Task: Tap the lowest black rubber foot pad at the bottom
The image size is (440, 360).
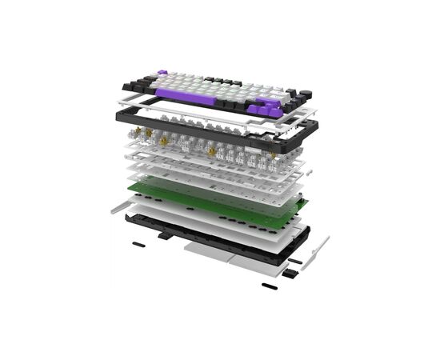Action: (269, 285)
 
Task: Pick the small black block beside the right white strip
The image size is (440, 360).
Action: (289, 274)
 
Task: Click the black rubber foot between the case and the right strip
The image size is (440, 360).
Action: (294, 261)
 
